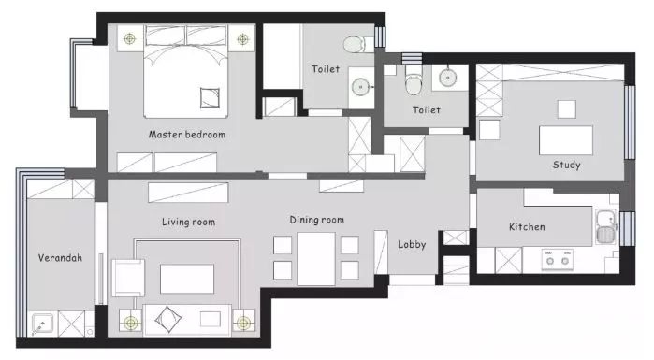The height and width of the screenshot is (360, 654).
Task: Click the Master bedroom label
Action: [x=187, y=135]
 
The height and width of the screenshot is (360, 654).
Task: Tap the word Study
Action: [x=566, y=165]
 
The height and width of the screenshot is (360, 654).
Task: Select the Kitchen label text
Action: [x=527, y=226]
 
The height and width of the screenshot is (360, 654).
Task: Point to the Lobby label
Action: [x=412, y=245]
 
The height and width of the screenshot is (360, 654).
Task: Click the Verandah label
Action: [x=60, y=258]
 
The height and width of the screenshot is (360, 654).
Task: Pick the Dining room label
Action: [x=317, y=220]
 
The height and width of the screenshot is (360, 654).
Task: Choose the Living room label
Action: [x=188, y=222]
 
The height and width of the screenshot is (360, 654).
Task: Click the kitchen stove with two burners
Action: [x=558, y=259]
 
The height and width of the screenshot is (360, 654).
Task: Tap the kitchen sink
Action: [x=606, y=226]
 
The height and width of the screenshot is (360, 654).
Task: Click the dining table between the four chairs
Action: [x=316, y=259]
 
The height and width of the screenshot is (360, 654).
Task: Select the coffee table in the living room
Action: [x=187, y=279]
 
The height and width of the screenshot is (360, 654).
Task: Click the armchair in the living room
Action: [x=128, y=278]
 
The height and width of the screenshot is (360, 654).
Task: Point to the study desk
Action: [x=566, y=140]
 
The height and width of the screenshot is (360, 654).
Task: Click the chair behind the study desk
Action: [x=567, y=109]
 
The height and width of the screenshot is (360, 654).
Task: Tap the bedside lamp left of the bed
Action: [x=130, y=38]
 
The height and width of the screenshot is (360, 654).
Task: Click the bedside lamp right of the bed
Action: [x=242, y=39]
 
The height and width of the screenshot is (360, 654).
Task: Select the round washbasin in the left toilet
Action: [x=360, y=87]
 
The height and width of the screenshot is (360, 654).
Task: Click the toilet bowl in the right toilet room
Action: [x=414, y=80]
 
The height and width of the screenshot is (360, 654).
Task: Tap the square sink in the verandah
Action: [x=42, y=324]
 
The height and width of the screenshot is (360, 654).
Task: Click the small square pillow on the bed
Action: [x=210, y=98]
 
